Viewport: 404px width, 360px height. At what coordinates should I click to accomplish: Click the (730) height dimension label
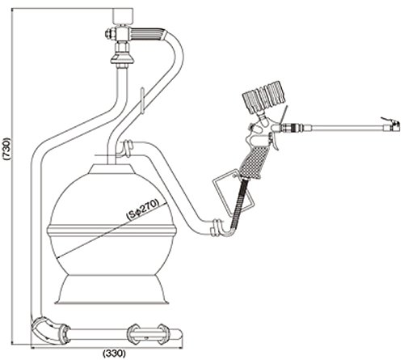coord(7,149)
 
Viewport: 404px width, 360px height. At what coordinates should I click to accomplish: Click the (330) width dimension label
coord(114,353)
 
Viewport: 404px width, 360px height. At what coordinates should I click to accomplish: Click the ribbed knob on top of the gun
coord(264,97)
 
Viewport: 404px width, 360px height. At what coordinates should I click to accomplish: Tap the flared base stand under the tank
coord(112,290)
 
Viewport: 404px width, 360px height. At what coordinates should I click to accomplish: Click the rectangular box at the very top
coord(123,16)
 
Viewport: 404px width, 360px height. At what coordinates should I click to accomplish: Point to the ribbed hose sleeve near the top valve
coord(148,35)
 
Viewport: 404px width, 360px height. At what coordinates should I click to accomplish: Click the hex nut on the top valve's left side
coord(110,33)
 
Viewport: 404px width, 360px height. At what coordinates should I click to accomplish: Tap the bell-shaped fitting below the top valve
coord(122,57)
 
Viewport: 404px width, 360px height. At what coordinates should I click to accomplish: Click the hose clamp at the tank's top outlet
coord(127,148)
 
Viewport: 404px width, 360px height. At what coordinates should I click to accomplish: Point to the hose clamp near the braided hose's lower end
coord(217,228)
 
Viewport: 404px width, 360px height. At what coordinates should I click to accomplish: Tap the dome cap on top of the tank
coord(112,170)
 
